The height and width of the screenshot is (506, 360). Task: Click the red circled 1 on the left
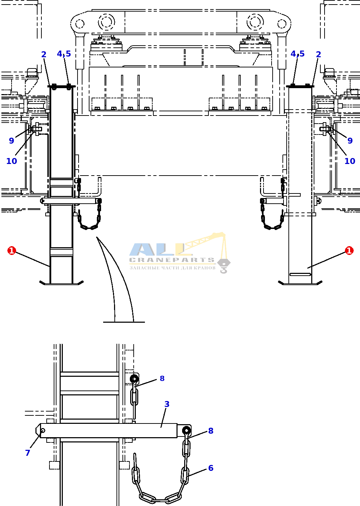click(12, 250)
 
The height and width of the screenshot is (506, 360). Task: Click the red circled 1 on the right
click(349, 250)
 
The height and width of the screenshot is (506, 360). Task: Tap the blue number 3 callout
click(167, 404)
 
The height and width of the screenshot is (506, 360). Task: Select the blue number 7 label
click(27, 453)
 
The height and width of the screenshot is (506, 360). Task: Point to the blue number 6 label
click(211, 468)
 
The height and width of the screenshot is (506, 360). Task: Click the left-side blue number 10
click(12, 161)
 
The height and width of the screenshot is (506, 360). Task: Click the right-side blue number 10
click(350, 161)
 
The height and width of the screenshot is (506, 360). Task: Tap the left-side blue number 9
click(12, 141)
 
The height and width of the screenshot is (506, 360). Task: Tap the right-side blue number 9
click(350, 141)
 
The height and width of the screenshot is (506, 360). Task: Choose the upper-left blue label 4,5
click(64, 54)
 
